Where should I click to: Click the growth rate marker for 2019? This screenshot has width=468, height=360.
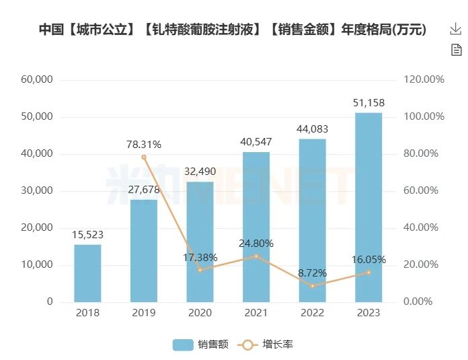(144, 157)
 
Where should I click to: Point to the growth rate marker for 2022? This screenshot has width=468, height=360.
(312, 286)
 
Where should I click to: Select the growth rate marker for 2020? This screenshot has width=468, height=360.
(200, 270)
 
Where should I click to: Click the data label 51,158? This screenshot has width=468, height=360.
(368, 103)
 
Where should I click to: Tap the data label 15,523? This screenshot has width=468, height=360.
(87, 235)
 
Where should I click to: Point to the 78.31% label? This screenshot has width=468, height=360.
(144, 144)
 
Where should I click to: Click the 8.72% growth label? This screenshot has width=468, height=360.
(312, 273)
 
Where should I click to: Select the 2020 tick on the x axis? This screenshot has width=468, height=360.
(200, 313)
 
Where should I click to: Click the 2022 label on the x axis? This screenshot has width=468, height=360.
(312, 313)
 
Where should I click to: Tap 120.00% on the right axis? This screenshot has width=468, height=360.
(424, 79)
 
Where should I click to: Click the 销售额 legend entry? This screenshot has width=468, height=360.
(201, 345)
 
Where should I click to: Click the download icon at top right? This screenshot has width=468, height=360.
(455, 29)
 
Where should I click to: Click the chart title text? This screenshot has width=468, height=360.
(233, 30)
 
